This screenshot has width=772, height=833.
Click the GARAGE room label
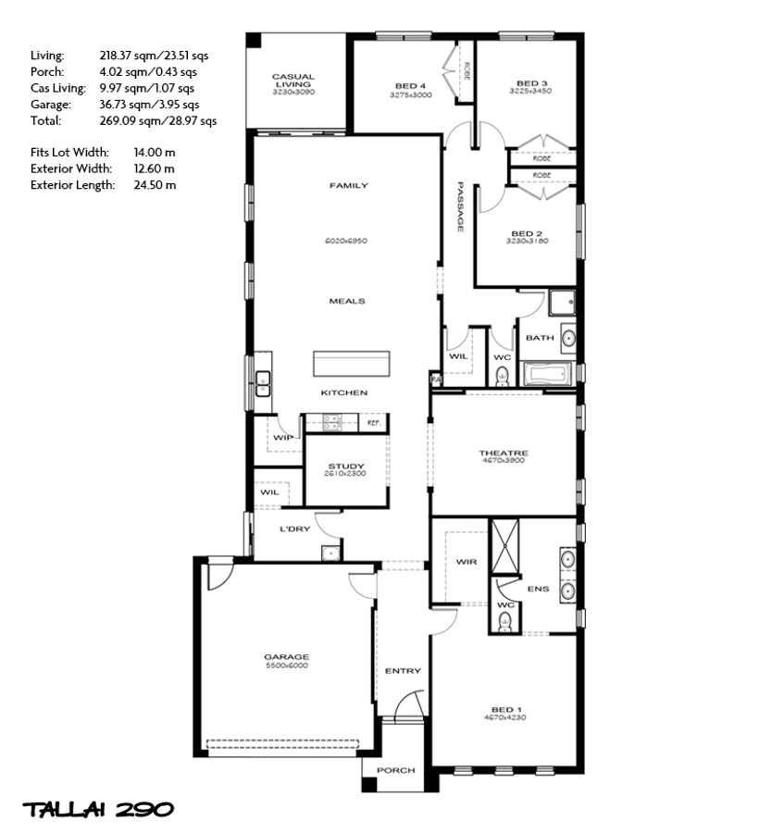tap(286, 657)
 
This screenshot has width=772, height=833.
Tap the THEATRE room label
tap(503, 453)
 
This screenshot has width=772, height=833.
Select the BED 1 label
tap(507, 710)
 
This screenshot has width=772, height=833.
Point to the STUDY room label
tap(346, 466)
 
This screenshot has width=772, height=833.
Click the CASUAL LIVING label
tap(293, 81)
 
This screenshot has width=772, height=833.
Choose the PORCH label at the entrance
tap(395, 770)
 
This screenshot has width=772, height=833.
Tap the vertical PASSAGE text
tap(459, 206)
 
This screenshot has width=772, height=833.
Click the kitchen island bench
tap(352, 363)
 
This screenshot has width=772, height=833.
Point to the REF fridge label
tap(373, 423)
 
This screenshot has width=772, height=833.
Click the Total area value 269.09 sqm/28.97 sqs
tap(157, 120)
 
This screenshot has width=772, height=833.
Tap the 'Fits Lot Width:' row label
tap(69, 152)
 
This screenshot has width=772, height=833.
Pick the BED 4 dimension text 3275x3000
tap(410, 95)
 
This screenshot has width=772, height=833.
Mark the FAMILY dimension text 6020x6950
tap(346, 241)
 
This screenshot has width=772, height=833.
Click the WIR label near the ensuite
tap(466, 562)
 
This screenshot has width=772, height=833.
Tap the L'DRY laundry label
tap(294, 529)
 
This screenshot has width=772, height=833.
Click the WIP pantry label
tap(283, 437)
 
